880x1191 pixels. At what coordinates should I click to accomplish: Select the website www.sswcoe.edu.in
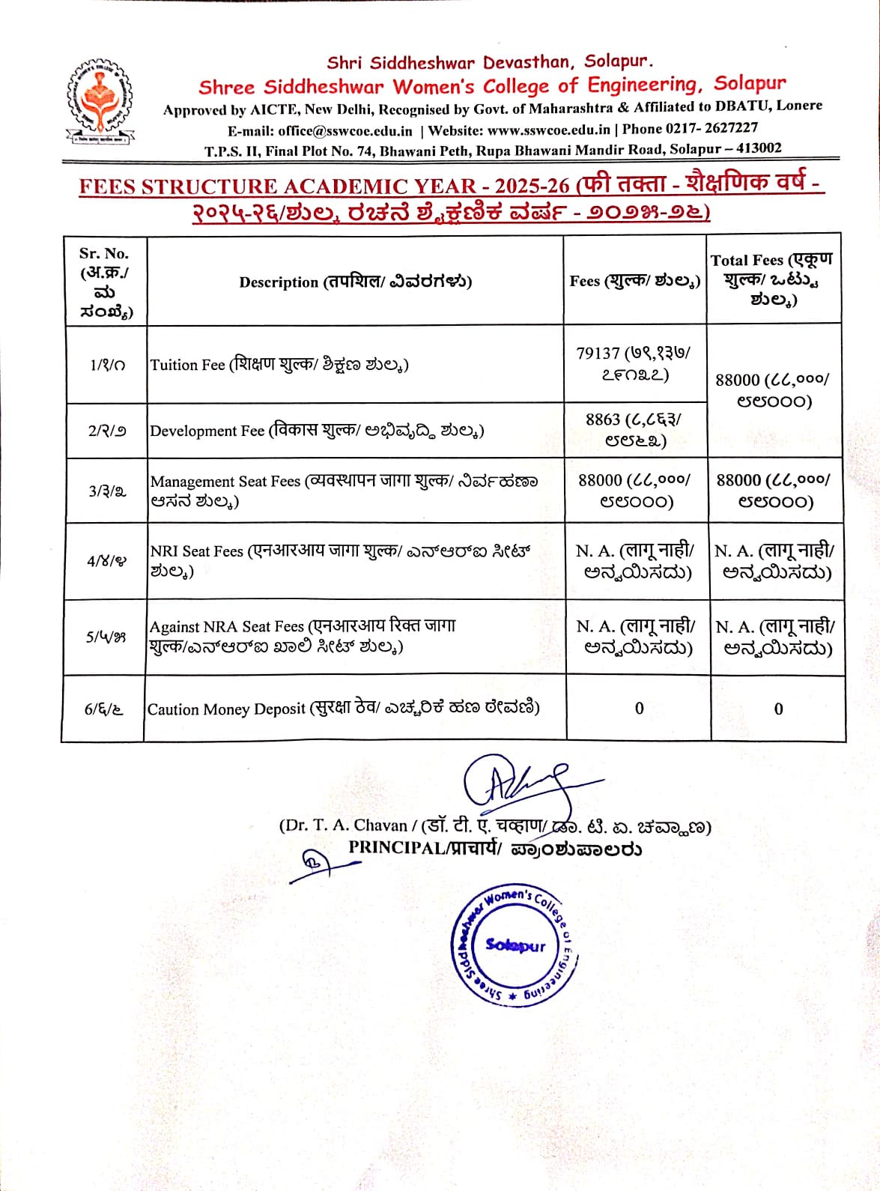coord(548,129)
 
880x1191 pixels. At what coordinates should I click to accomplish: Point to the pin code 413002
coord(758,148)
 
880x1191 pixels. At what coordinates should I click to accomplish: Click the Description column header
coord(355,282)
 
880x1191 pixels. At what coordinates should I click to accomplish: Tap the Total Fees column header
coord(772,279)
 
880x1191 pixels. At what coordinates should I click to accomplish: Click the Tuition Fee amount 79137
coord(598,353)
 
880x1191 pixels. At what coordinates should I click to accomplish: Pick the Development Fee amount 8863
coord(603,419)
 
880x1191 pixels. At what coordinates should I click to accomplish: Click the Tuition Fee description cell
coord(279,365)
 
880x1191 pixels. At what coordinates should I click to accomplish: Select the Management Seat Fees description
coord(343,491)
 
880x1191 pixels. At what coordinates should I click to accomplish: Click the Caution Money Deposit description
coord(343,709)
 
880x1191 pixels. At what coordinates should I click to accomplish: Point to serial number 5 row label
coord(105,637)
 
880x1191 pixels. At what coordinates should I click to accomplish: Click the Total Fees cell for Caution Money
coord(778,709)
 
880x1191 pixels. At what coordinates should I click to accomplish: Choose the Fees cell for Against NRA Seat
coord(636,637)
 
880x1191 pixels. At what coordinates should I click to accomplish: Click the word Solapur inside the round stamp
coord(515,945)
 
